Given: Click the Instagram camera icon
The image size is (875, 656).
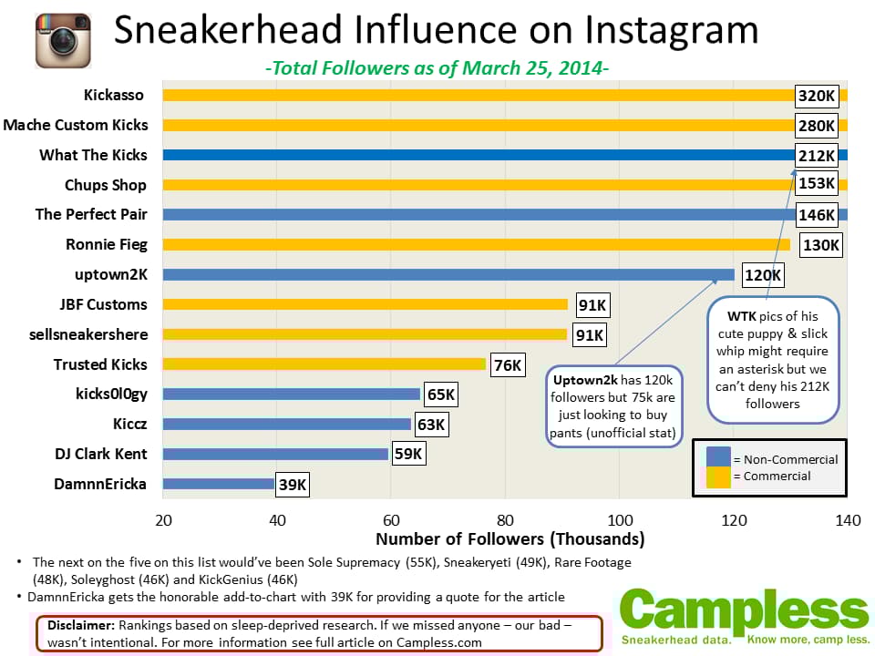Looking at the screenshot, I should (x=63, y=40).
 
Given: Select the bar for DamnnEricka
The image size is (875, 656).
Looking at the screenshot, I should (x=218, y=484).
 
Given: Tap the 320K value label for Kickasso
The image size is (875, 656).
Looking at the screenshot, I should (x=816, y=96).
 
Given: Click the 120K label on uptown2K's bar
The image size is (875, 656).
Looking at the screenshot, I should (x=762, y=275).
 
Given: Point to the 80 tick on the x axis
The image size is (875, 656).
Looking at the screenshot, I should (x=505, y=519).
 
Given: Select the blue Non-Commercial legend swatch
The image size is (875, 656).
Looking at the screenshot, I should (x=717, y=458).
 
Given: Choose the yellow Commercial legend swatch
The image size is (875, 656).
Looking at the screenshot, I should (x=717, y=476).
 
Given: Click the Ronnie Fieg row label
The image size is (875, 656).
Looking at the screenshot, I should (x=106, y=244).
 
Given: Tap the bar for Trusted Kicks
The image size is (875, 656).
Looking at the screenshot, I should (x=324, y=364).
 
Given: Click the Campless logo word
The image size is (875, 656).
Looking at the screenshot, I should (x=744, y=611).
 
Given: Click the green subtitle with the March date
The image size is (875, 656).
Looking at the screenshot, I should (x=437, y=68).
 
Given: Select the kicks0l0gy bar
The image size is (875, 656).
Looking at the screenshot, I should (x=292, y=395).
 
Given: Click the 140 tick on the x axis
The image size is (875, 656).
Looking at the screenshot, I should (x=847, y=519).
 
